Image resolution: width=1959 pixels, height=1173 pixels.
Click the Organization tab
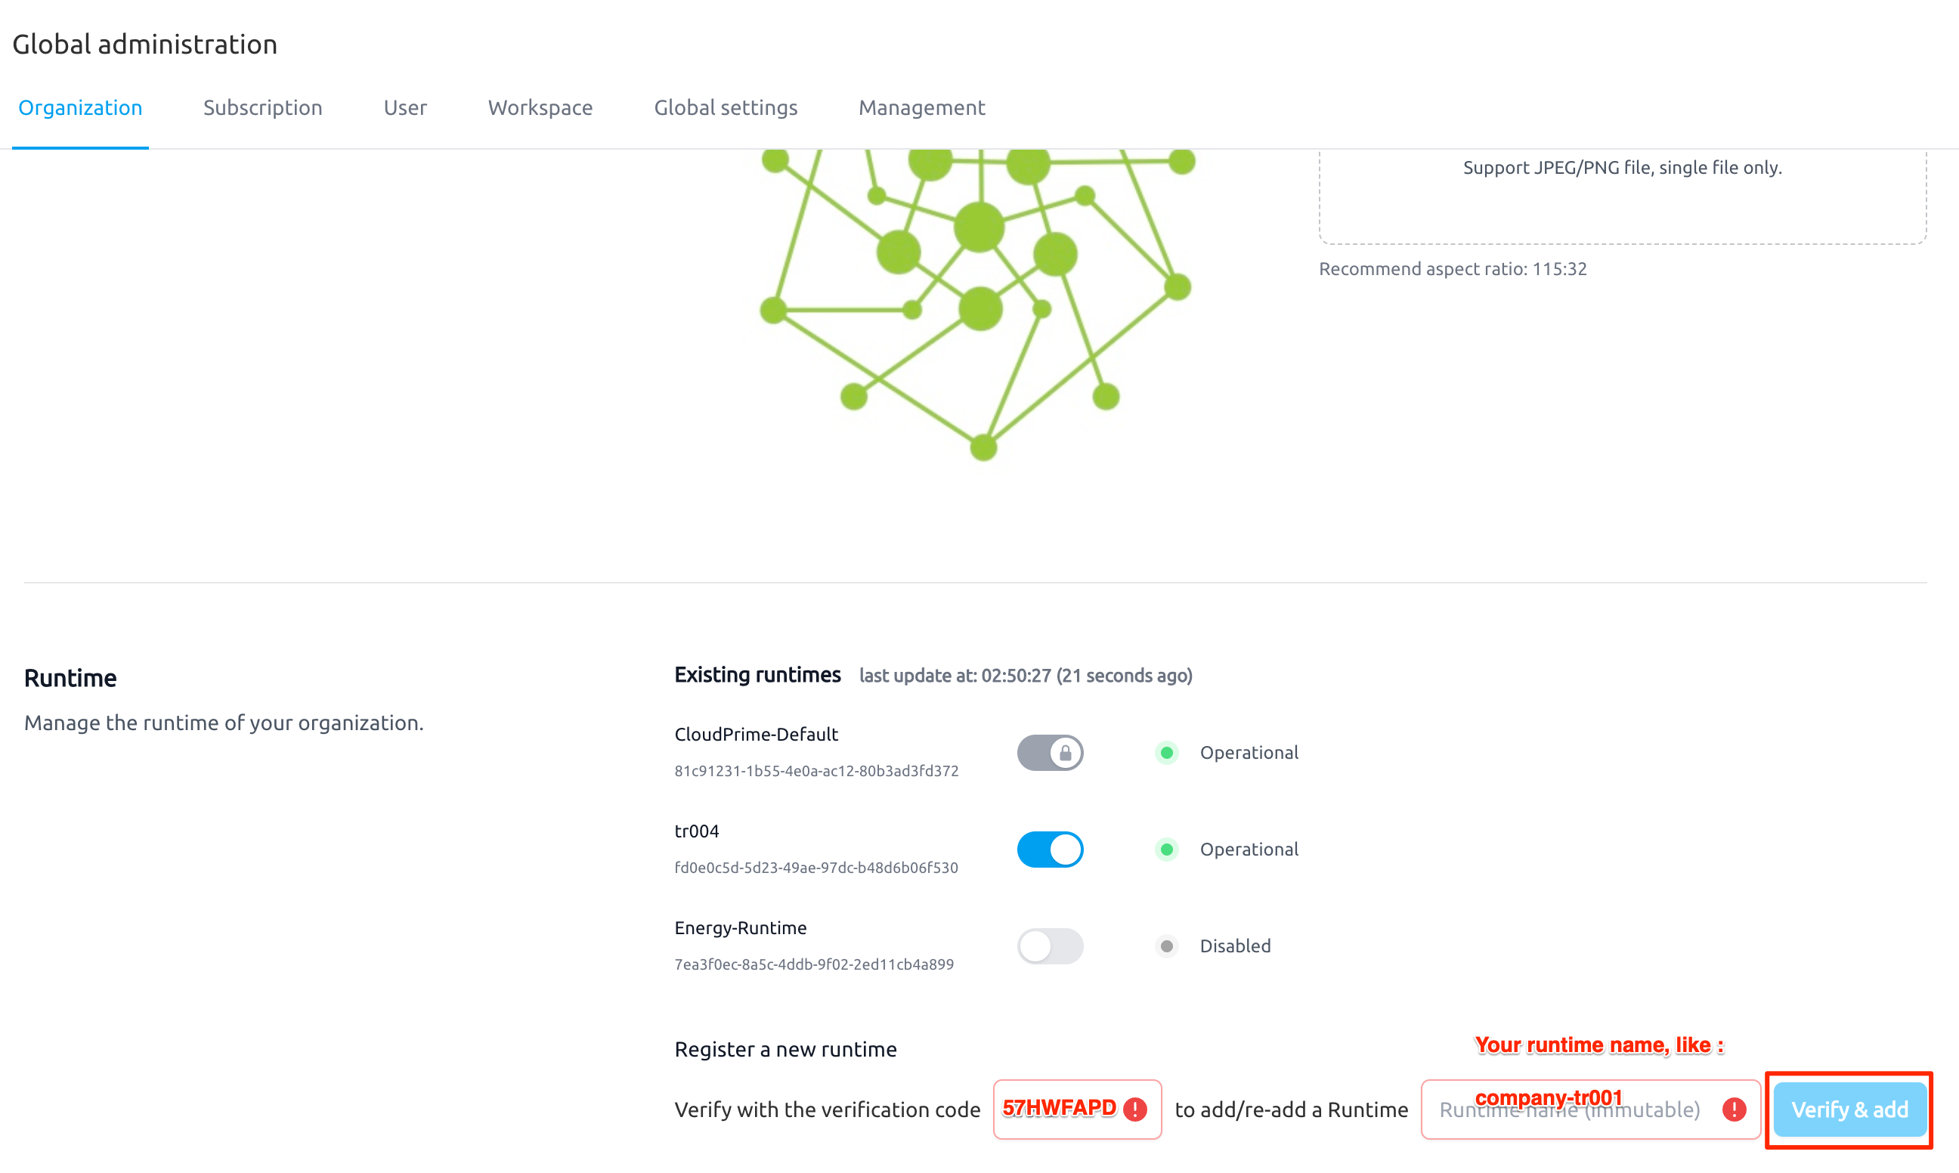(80, 107)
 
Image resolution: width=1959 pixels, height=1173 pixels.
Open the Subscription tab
(262, 107)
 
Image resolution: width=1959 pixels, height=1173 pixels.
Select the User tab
(405, 107)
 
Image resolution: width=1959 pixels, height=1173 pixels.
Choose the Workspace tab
(540, 107)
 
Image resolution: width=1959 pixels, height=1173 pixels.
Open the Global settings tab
(726, 107)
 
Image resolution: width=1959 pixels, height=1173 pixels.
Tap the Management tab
(921, 107)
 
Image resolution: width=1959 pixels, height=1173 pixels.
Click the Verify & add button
(1849, 1110)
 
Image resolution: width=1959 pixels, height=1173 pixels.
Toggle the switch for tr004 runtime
(1050, 850)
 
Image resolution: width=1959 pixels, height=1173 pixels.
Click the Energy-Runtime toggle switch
(1050, 946)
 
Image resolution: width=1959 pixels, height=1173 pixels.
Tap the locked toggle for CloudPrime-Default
(1050, 753)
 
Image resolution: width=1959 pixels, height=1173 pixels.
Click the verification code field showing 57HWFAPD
(1077, 1110)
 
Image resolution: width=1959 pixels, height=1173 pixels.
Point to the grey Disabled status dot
(1166, 946)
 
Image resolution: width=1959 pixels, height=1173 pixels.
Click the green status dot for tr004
(1166, 850)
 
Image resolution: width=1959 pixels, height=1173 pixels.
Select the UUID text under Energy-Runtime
(814, 964)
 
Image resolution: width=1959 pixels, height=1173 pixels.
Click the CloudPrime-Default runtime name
(757, 735)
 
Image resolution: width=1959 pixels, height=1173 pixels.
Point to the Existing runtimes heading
(757, 675)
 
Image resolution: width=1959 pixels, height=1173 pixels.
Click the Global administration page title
(144, 45)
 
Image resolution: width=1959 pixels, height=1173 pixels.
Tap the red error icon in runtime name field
(1734, 1110)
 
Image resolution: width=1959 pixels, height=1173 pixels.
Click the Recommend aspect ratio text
(1453, 269)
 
